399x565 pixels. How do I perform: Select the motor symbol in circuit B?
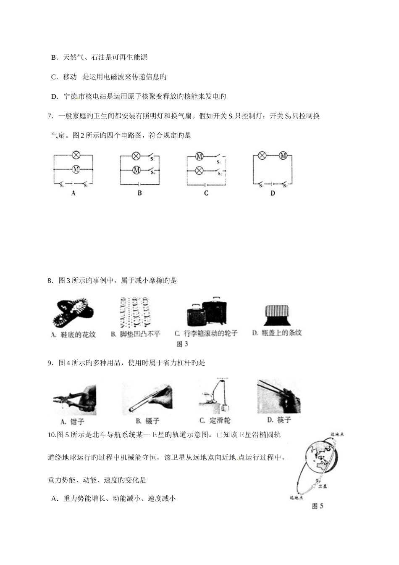point(136,170)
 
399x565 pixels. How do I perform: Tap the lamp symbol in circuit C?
point(200,170)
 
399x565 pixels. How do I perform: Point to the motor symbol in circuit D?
point(283,156)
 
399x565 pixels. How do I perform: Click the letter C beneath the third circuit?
point(206,193)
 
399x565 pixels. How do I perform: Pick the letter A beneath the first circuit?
point(73,193)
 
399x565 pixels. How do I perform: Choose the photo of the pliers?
point(74,397)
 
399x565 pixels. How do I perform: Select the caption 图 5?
point(318,506)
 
